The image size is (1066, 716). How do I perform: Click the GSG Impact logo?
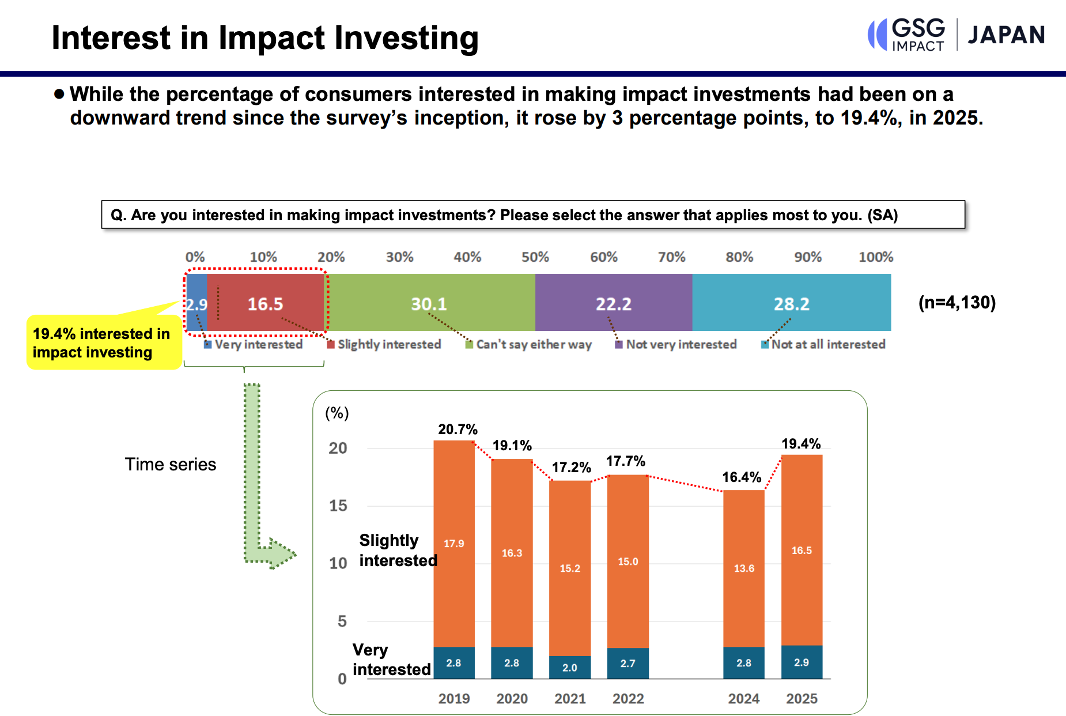(906, 35)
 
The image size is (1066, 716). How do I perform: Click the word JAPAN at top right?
(1005, 35)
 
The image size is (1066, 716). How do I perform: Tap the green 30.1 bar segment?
(429, 303)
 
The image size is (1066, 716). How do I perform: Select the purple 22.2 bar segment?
(613, 303)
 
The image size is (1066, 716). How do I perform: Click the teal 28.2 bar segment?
(791, 303)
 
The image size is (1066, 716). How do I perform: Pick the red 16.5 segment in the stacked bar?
(265, 303)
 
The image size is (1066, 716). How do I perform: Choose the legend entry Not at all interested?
(823, 344)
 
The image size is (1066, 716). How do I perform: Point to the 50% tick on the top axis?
(535, 257)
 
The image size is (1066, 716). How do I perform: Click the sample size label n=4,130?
(957, 303)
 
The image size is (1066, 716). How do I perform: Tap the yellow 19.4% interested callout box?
(103, 343)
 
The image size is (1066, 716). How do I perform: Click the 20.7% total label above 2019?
(458, 429)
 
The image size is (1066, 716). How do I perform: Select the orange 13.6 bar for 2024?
(743, 568)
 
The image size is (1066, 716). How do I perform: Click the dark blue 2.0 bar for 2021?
(569, 667)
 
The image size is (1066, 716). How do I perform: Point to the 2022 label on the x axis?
(627, 699)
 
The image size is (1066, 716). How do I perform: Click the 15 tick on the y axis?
(338, 506)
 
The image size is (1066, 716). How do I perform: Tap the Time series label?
(171, 465)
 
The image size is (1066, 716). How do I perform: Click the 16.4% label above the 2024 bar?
(742, 477)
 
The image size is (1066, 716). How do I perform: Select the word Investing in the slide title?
(406, 38)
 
